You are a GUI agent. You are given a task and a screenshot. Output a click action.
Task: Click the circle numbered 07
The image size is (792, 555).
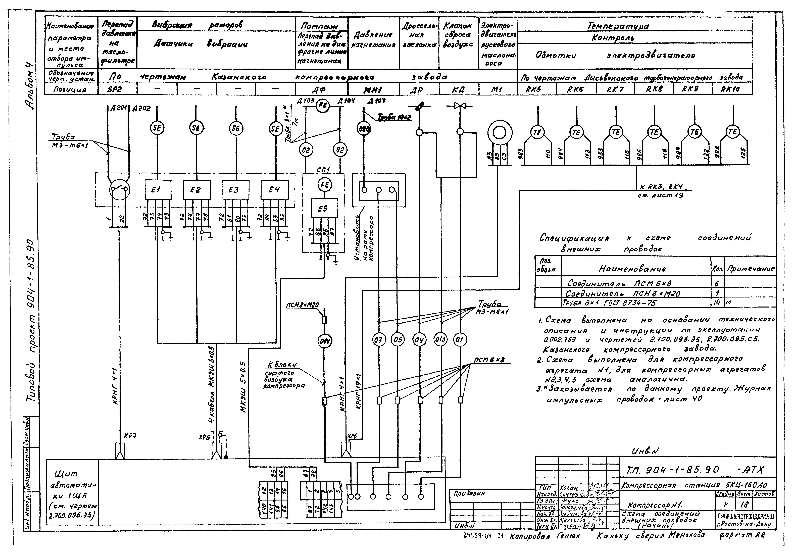coord(379,340)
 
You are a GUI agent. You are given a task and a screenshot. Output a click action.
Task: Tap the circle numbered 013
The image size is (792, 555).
coord(440,340)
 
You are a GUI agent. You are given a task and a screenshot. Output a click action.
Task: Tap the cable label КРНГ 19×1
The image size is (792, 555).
coord(358,391)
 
